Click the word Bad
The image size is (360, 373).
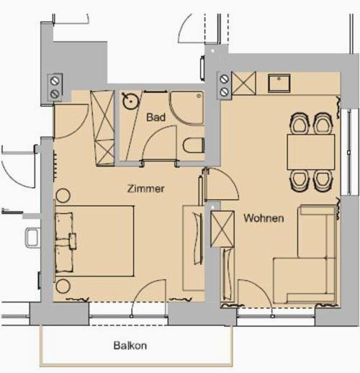(156, 117)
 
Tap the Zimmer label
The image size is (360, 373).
(146, 189)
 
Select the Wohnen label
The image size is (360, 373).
(264, 218)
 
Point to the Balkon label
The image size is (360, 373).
(130, 346)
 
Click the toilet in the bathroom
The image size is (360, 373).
(194, 145)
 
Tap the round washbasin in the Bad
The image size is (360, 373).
(131, 101)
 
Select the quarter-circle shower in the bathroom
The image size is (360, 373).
(187, 108)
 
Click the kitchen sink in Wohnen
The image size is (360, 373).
(279, 83)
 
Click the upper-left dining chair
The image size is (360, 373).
(300, 123)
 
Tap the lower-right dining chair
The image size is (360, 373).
(323, 181)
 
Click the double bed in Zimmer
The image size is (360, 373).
(94, 241)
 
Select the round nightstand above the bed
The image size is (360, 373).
(63, 196)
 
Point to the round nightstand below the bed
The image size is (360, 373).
(63, 286)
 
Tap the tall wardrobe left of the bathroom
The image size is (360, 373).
(102, 128)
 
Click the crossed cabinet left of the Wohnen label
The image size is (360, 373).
(222, 229)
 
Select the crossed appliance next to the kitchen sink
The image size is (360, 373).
(243, 84)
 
